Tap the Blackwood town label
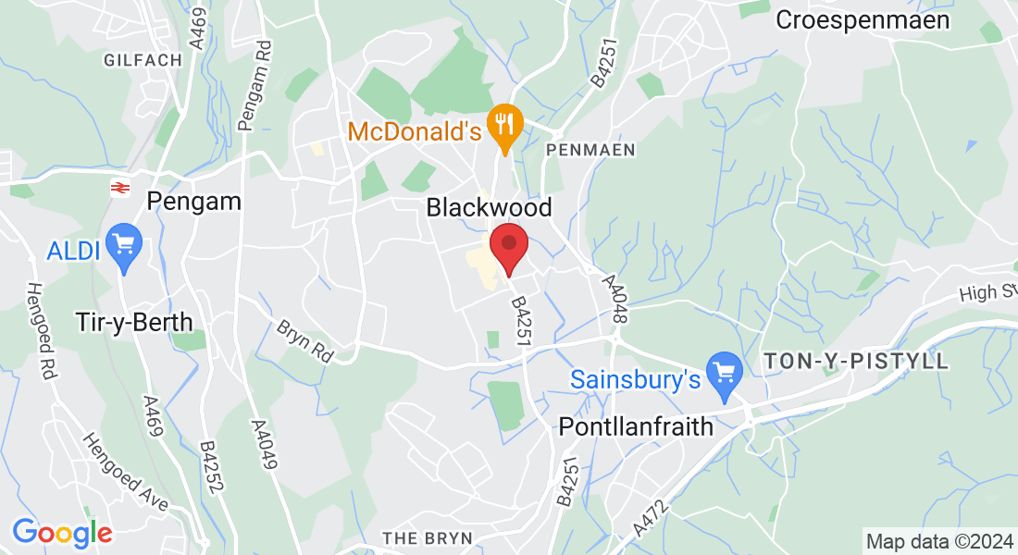tap(489, 207)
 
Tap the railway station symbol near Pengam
tap(119, 188)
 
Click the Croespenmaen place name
tap(863, 19)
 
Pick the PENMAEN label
tap(590, 149)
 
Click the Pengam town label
tap(193, 201)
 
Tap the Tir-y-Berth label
tap(134, 322)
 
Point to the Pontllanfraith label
tap(637, 426)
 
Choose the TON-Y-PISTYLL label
tap(857, 362)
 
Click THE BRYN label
tap(428, 537)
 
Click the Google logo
tap(62, 533)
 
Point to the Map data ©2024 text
tap(938, 541)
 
